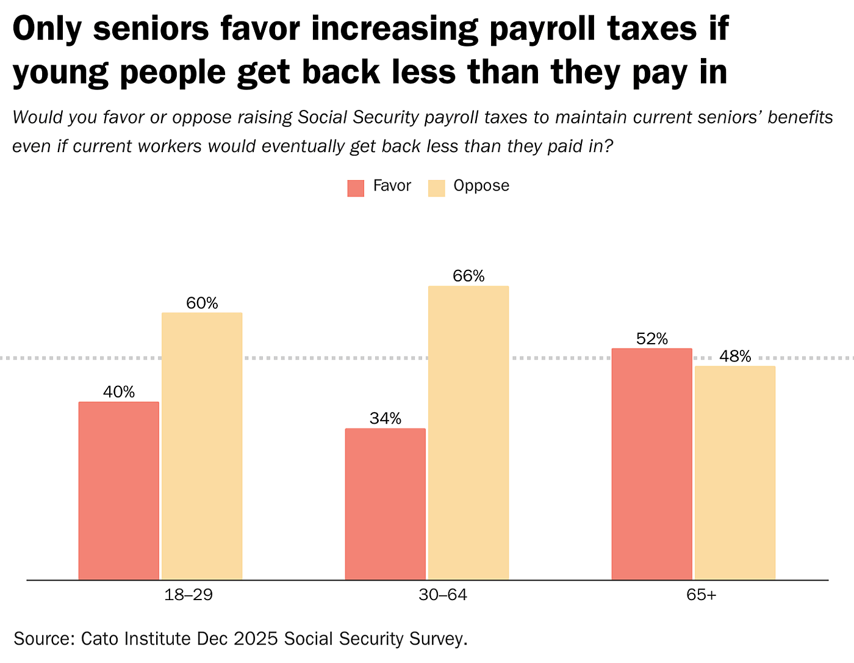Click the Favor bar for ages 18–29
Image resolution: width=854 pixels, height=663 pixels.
click(x=119, y=490)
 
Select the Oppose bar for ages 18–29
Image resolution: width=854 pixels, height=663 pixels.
click(x=202, y=446)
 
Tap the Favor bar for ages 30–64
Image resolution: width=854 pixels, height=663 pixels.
click(x=386, y=504)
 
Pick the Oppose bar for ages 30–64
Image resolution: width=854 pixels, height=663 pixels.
click(x=468, y=432)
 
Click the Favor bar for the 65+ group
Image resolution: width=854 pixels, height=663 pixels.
click(x=652, y=463)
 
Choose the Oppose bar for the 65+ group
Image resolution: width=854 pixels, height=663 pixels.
click(x=735, y=473)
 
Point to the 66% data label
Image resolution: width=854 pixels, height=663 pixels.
click(x=468, y=276)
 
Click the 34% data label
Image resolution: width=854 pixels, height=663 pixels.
click(x=386, y=418)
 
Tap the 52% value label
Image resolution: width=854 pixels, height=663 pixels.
click(x=652, y=339)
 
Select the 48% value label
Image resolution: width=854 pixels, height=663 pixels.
click(x=735, y=357)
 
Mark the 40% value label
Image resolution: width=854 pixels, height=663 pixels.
click(x=119, y=392)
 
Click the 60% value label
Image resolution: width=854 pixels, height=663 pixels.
click(x=202, y=303)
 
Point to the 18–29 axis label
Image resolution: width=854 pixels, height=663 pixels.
click(x=188, y=595)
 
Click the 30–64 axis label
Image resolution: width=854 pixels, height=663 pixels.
click(x=443, y=595)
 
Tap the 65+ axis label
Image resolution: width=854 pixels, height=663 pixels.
click(x=701, y=595)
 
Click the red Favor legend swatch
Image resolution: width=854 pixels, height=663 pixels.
click(x=356, y=188)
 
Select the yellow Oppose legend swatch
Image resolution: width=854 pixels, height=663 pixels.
click(x=436, y=188)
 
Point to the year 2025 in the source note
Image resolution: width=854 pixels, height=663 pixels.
click(x=253, y=639)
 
